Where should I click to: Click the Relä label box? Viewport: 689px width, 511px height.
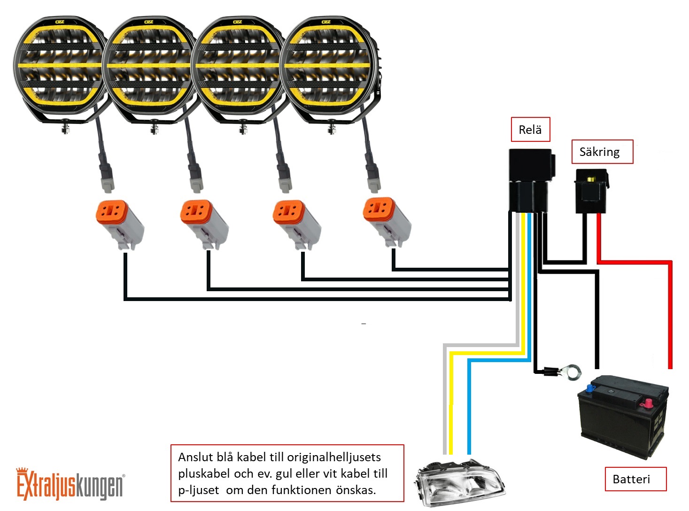coord(530,130)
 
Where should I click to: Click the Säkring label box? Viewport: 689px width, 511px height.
coord(602,152)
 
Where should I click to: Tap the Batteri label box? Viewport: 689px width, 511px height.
coord(635,479)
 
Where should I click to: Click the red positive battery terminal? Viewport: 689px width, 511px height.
coord(648,403)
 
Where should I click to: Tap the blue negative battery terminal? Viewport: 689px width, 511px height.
coord(590,388)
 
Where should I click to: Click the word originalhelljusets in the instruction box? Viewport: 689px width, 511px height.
coord(333,457)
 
